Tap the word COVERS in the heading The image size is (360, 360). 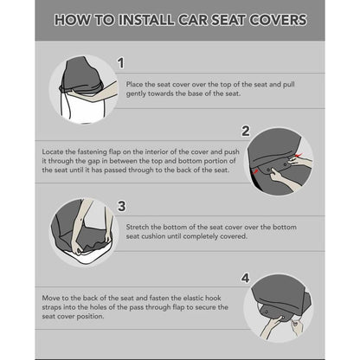[272, 20]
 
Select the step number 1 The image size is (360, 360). [121, 63]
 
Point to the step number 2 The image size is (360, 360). [245, 131]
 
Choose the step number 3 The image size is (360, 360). [121, 205]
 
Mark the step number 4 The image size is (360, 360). [245, 279]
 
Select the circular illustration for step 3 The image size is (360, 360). [84, 231]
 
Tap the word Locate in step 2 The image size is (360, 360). [53, 151]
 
